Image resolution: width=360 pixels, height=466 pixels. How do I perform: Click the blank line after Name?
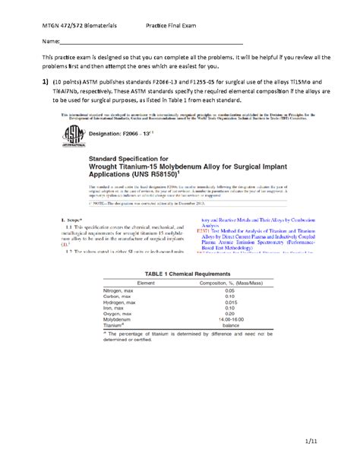pos(152,43)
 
